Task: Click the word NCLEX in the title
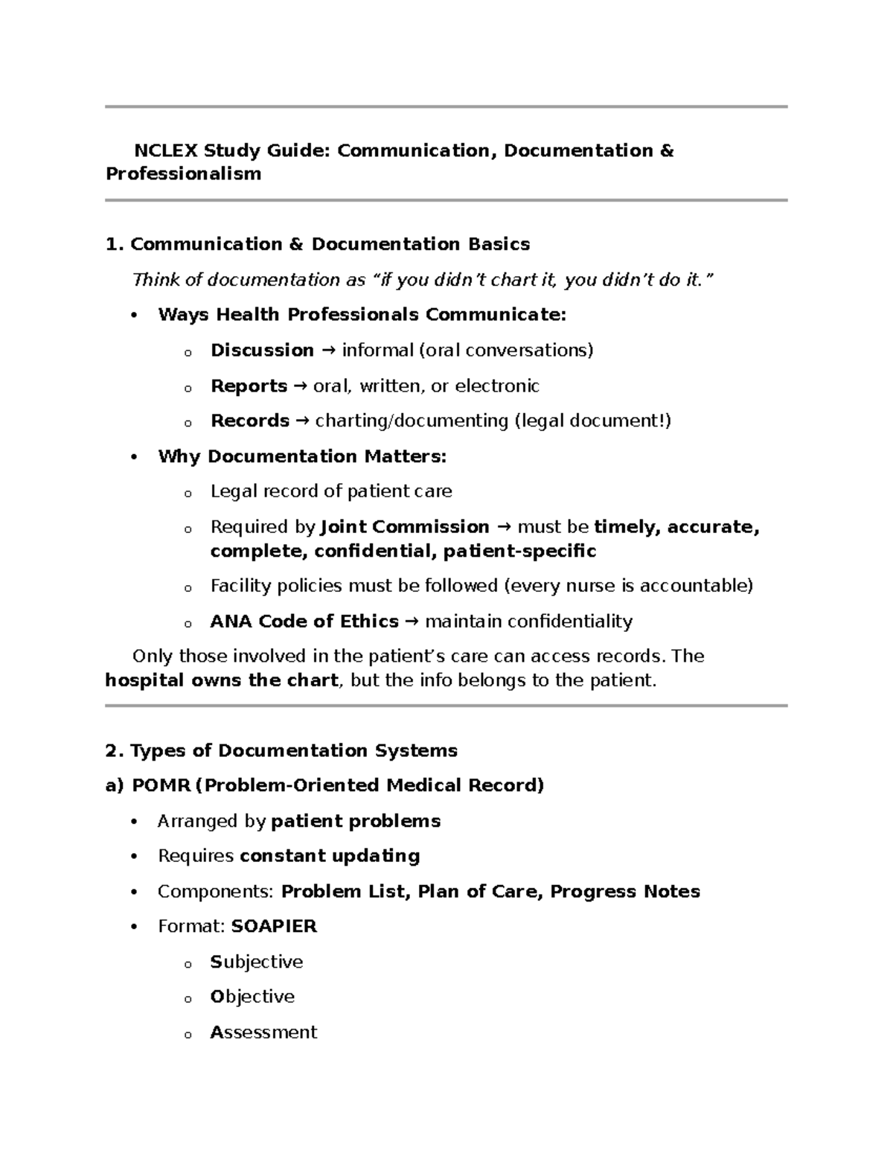coord(165,150)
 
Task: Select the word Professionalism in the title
coord(183,174)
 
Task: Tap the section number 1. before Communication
coord(115,244)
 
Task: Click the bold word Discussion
coord(262,350)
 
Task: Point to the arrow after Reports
coord(300,386)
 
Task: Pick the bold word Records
coord(249,421)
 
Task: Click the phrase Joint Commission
coord(404,527)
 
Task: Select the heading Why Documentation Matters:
coord(301,456)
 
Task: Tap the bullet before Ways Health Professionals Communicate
coord(134,316)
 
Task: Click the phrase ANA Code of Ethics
coord(304,622)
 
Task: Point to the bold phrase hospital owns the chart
coord(222,680)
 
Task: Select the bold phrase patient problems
coord(356,821)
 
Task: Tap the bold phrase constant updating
coord(330,856)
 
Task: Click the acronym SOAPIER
coord(274,926)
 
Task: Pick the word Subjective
coord(256,962)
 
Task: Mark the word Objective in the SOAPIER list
coord(252,997)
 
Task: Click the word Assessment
coord(263,1032)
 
